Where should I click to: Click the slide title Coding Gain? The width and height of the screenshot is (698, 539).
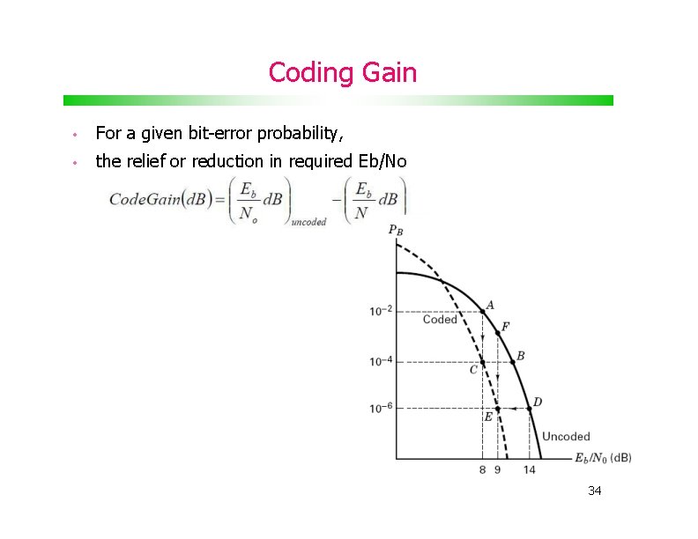pyautogui.click(x=342, y=72)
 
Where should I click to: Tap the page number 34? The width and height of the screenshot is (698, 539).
pyautogui.click(x=594, y=491)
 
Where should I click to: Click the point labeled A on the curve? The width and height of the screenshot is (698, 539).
pyautogui.click(x=482, y=311)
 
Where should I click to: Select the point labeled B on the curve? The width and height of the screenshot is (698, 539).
pyautogui.click(x=513, y=362)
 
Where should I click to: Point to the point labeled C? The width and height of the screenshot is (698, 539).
pyautogui.click(x=482, y=362)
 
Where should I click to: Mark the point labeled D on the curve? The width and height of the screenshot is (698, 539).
pyautogui.click(x=530, y=409)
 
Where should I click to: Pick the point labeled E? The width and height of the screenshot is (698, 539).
pyautogui.click(x=497, y=409)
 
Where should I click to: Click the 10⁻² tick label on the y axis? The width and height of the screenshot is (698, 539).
pyautogui.click(x=381, y=311)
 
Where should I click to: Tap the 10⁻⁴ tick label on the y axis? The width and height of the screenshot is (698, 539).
pyautogui.click(x=381, y=362)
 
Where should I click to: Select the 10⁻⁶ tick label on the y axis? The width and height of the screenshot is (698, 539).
pyautogui.click(x=381, y=409)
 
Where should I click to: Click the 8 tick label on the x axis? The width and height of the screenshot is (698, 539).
pyautogui.click(x=482, y=470)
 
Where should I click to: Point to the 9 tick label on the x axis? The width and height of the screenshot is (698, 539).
pyautogui.click(x=497, y=470)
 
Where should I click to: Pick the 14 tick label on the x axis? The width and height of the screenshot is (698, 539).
pyautogui.click(x=529, y=470)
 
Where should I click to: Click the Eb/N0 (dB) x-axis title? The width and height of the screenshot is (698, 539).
pyautogui.click(x=603, y=457)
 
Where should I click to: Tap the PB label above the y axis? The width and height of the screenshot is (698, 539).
pyautogui.click(x=396, y=231)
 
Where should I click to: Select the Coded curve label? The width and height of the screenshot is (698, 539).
pyautogui.click(x=440, y=320)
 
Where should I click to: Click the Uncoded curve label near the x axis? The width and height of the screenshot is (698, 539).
pyautogui.click(x=566, y=436)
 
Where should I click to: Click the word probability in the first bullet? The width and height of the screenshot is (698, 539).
pyautogui.click(x=297, y=134)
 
